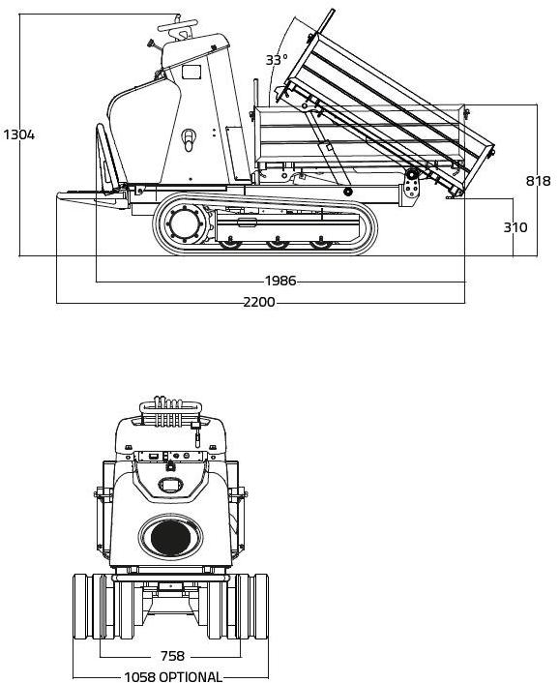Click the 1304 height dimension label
pos(19,135)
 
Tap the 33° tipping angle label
pos(277,60)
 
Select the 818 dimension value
pos(538,181)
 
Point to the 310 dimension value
pos(515,227)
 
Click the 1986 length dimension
pos(280,281)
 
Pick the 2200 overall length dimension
pos(259,302)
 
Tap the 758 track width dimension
pos(172,656)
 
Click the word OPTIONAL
pos(191,677)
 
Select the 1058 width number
pos(139,677)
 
